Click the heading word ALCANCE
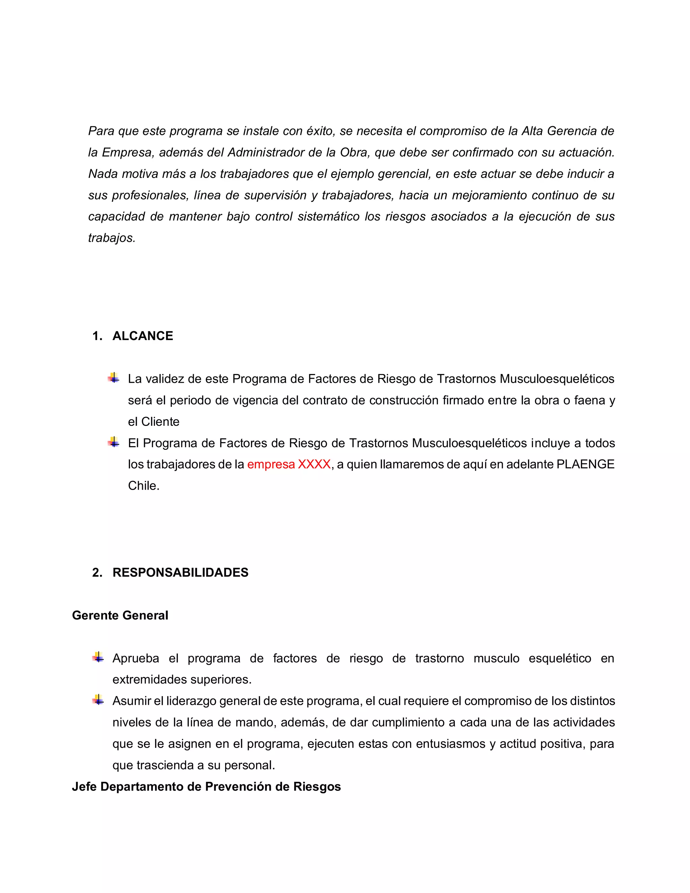click(143, 336)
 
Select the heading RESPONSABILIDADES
click(180, 572)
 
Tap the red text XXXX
click(314, 464)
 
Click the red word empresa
click(271, 464)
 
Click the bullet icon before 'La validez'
click(114, 378)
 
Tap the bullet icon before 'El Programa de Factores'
click(114, 442)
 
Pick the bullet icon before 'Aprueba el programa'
click(98, 657)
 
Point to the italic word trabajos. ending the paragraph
click(112, 238)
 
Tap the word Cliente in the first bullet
click(160, 422)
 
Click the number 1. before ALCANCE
click(97, 336)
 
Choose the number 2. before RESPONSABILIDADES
click(97, 572)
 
